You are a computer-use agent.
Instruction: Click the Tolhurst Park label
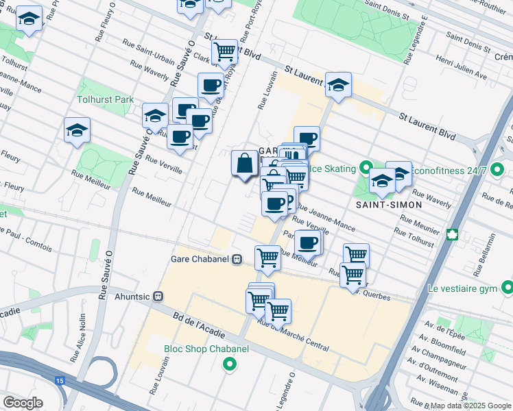coord(105,99)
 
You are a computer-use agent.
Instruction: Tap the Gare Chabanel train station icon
coord(237,259)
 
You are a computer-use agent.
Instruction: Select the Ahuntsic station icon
coord(158,297)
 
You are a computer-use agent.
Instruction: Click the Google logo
coord(23,402)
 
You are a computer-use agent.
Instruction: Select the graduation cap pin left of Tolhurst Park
coord(77,130)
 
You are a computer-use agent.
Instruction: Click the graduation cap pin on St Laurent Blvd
coord(338,85)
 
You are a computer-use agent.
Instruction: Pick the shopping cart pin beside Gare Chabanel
coord(267,258)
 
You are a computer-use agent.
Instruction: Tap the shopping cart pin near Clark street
coord(224,51)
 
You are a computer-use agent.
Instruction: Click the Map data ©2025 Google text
coord(469,406)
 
